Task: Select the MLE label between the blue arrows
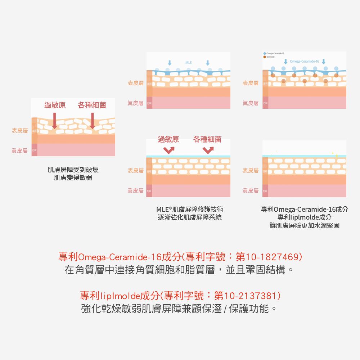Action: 189,63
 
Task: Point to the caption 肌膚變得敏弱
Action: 73,177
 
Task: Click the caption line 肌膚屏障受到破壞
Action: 73,170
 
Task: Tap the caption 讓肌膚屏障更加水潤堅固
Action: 305,225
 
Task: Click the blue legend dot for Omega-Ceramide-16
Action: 265,54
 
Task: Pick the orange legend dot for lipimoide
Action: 265,57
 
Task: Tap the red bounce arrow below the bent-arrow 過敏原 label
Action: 168,149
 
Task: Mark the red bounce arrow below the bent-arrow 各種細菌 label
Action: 208,149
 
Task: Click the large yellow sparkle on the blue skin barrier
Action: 337,155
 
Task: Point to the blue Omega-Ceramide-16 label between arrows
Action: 304,62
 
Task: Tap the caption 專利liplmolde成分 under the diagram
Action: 305,217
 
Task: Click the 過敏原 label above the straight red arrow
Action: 55,105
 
